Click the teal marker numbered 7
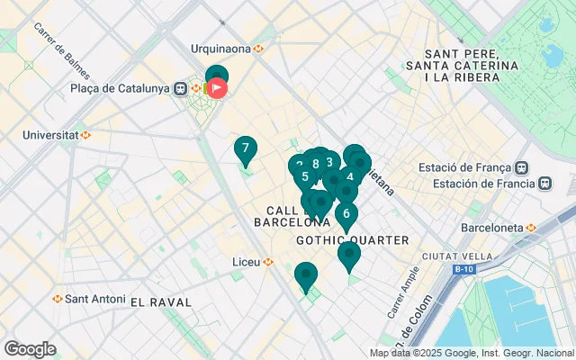coord(245,148)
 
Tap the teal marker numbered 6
coord(346,214)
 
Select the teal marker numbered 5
coord(305,176)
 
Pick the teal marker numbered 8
coord(316,164)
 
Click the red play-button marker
coord(217,88)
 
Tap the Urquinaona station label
coord(221,49)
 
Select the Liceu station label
coord(247,262)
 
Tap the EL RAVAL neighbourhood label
coord(163,301)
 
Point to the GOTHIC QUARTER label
coord(352,240)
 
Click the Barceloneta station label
coord(491,228)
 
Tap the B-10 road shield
coord(463,269)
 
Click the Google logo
coord(30,349)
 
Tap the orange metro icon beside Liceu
coord(268,262)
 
